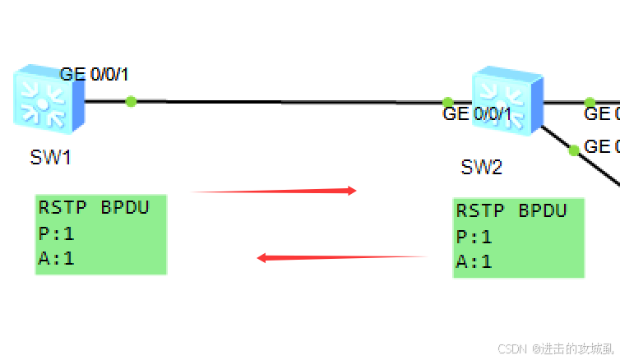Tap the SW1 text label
[50, 158]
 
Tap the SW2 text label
[481, 168]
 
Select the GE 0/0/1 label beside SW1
[94, 75]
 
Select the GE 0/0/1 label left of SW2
[476, 114]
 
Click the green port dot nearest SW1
[131, 101]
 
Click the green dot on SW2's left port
[447, 103]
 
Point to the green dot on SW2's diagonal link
[573, 150]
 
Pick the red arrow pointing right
[274, 191]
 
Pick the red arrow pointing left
[341, 257]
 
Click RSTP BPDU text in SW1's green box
[94, 207]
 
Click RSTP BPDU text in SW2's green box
[511, 210]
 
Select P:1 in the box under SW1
[56, 233]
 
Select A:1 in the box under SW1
[56, 258]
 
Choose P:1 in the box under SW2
[474, 237]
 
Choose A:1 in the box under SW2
[474, 262]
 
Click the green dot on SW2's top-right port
[589, 102]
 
